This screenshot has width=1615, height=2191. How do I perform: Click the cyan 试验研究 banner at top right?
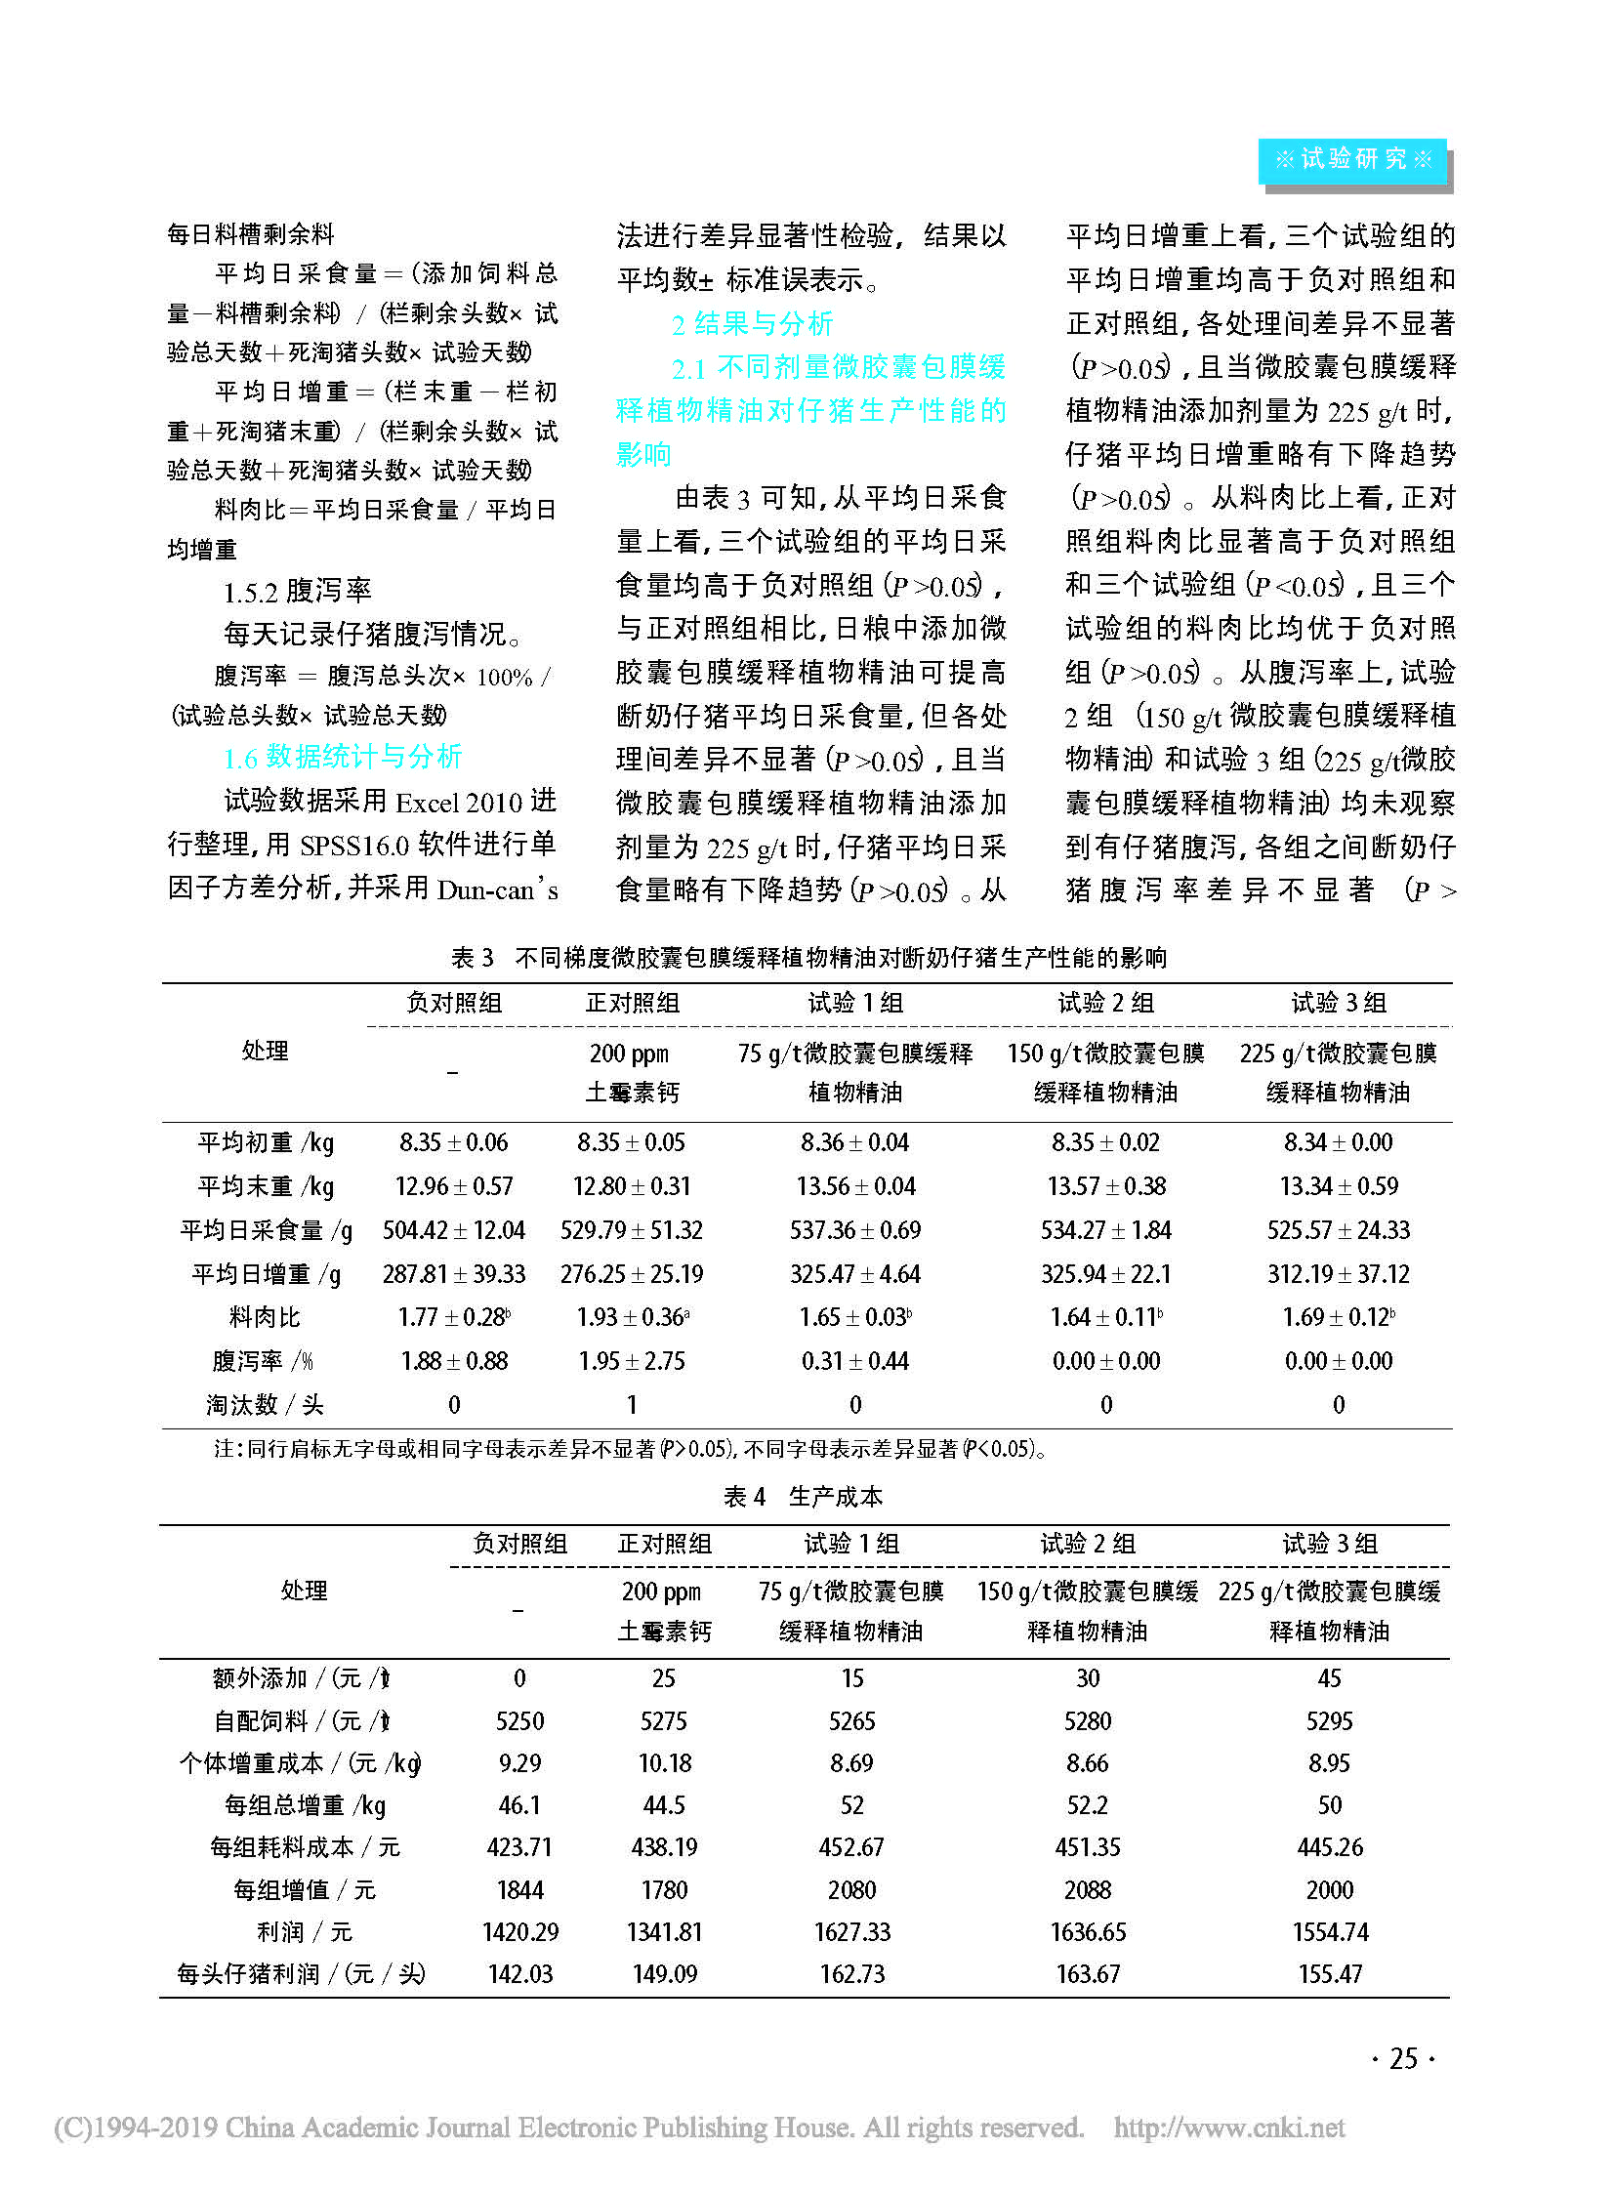point(1352,159)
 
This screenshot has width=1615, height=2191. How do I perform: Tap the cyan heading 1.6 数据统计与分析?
point(342,757)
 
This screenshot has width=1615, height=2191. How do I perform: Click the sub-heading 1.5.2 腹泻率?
point(297,591)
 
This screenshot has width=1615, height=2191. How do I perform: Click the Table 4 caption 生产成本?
point(803,1497)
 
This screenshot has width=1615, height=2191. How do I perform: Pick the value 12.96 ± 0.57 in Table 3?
point(454,1186)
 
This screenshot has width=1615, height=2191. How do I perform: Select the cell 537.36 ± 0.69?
point(855,1230)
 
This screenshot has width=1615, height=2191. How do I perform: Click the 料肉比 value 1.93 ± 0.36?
point(632,1317)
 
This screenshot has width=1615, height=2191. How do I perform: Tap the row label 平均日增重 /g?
point(266,1274)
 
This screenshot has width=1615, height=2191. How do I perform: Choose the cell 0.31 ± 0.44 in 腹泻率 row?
point(855,1361)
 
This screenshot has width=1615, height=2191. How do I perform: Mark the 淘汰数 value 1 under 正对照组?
point(632,1405)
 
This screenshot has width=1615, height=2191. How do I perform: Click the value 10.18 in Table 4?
point(665,1762)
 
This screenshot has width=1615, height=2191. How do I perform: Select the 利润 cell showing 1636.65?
point(1088,1932)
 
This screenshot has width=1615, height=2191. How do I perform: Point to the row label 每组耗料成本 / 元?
point(304,1847)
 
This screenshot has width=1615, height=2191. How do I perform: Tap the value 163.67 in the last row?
point(1088,1974)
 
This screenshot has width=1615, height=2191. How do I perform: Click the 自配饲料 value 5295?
point(1330,1720)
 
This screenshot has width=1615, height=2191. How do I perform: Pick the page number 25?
point(1403,2059)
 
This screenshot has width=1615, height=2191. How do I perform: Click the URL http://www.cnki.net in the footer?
point(1229,2128)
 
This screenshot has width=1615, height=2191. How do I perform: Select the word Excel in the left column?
point(428,803)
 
